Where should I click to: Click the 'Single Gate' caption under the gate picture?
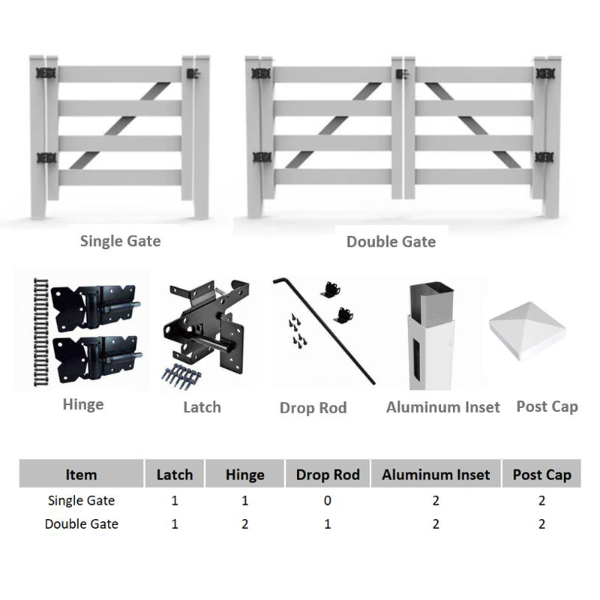pyautogui.click(x=121, y=241)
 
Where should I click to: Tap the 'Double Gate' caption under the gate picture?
pyautogui.click(x=391, y=241)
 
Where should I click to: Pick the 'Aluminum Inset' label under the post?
pyautogui.click(x=443, y=407)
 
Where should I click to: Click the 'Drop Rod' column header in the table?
pyautogui.click(x=328, y=475)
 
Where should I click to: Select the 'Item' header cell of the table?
pyautogui.click(x=81, y=475)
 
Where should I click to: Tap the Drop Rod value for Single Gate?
pyautogui.click(x=328, y=500)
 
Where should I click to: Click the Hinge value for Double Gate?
pyautogui.click(x=245, y=523)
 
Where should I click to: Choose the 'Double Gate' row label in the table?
pyautogui.click(x=82, y=523)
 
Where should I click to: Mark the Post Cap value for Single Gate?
pyautogui.click(x=541, y=500)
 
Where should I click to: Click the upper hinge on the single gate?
pyautogui.click(x=46, y=73)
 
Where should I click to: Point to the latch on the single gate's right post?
pyautogui.click(x=193, y=73)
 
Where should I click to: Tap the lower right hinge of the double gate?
pyautogui.click(x=544, y=157)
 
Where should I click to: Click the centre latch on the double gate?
pyautogui.click(x=402, y=73)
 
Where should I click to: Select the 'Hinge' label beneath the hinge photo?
pyautogui.click(x=83, y=404)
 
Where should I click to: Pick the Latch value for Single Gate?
pyautogui.click(x=175, y=500)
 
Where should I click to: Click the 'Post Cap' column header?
pyautogui.click(x=541, y=475)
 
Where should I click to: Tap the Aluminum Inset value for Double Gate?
pyautogui.click(x=436, y=523)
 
